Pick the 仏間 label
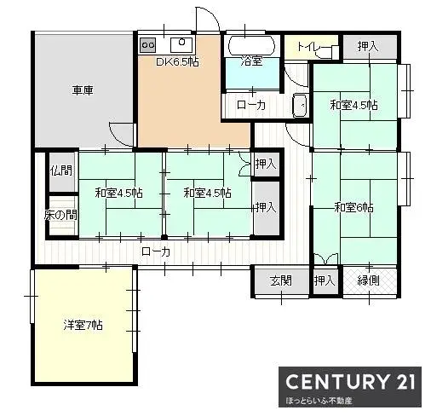(60, 170)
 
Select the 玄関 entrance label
(281, 280)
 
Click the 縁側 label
(369, 280)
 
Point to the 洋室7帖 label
(83, 326)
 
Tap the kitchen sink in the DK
(181, 44)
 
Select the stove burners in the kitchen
(147, 43)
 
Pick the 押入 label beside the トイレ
(367, 47)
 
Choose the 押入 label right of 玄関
(325, 280)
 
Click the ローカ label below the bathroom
(250, 105)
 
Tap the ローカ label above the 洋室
(155, 251)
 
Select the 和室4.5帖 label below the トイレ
(353, 106)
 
